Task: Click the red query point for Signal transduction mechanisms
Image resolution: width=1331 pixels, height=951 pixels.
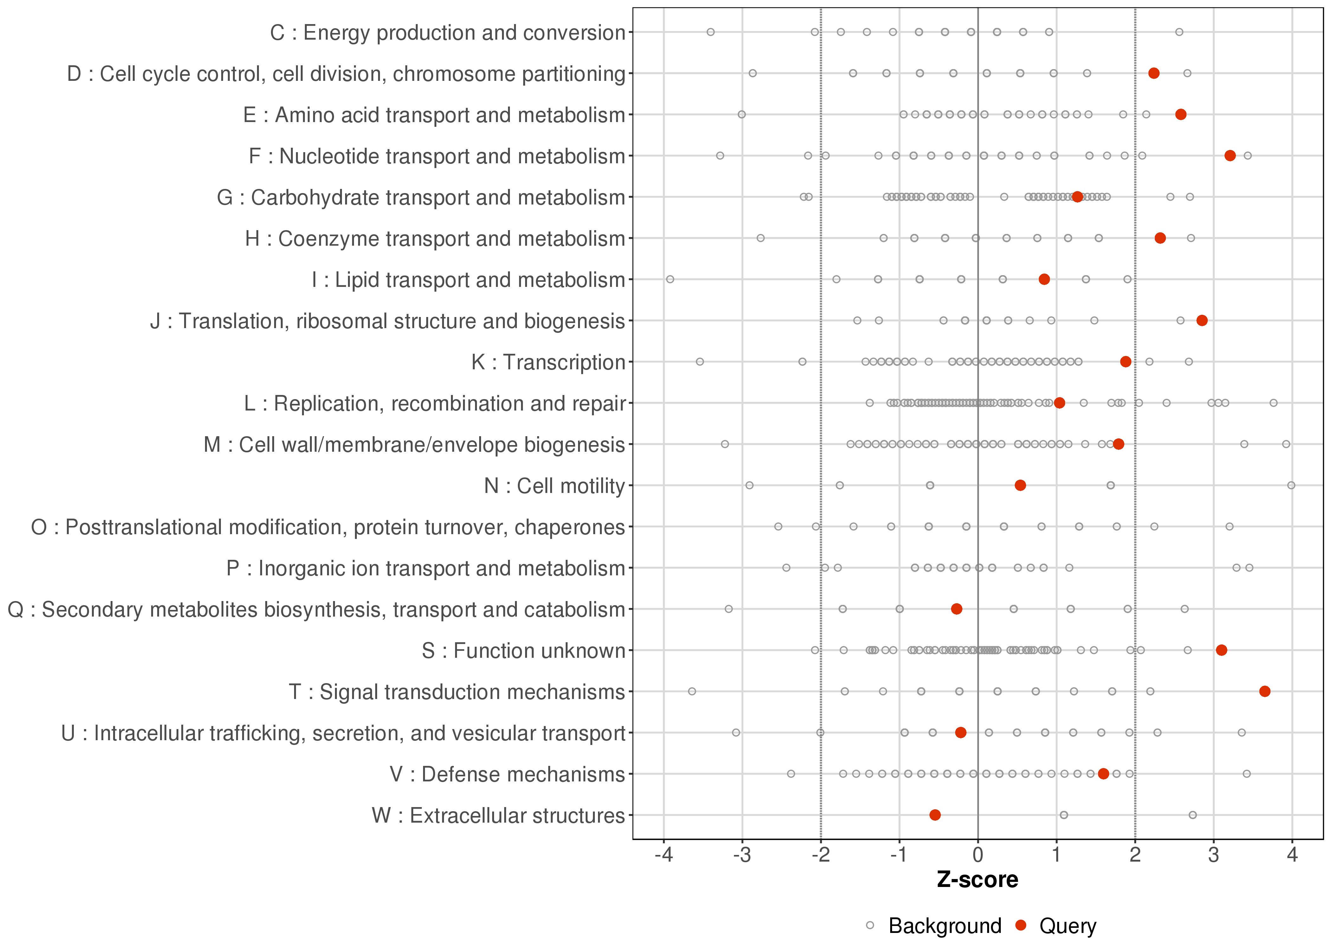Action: click(1264, 692)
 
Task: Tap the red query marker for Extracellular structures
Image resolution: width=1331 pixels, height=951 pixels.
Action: click(935, 815)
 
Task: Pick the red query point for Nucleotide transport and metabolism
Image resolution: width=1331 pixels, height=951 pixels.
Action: click(1230, 156)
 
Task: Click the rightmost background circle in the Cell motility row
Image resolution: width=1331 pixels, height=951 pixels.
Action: click(1291, 485)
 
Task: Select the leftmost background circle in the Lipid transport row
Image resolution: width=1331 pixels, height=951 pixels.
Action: click(670, 279)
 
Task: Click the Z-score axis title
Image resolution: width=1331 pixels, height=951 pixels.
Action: click(977, 880)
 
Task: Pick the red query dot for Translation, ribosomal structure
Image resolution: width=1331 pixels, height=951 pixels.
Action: click(1202, 320)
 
